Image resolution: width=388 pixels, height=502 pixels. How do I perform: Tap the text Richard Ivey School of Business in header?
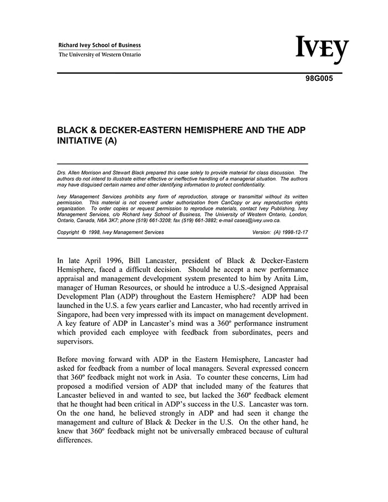point(100,45)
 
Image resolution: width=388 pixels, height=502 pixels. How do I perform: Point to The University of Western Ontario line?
point(100,55)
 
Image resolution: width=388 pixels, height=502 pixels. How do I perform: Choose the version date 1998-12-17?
point(295,232)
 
